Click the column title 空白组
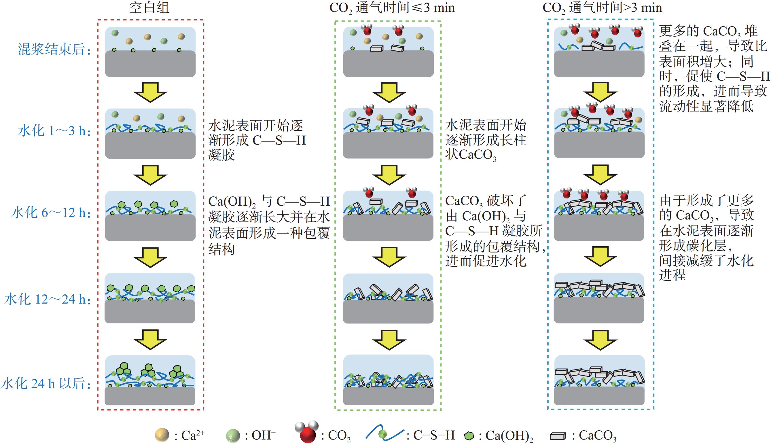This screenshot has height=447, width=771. [x=149, y=8]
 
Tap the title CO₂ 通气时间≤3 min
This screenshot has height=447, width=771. [x=392, y=8]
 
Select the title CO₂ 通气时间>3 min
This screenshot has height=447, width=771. [x=602, y=8]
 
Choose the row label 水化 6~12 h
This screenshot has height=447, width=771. [x=51, y=213]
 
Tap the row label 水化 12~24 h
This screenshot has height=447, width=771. [x=48, y=299]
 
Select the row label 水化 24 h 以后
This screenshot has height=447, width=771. [x=46, y=383]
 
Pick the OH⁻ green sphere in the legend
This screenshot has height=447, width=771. [x=232, y=436]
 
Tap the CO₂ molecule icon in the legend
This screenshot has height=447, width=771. [x=307, y=432]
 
